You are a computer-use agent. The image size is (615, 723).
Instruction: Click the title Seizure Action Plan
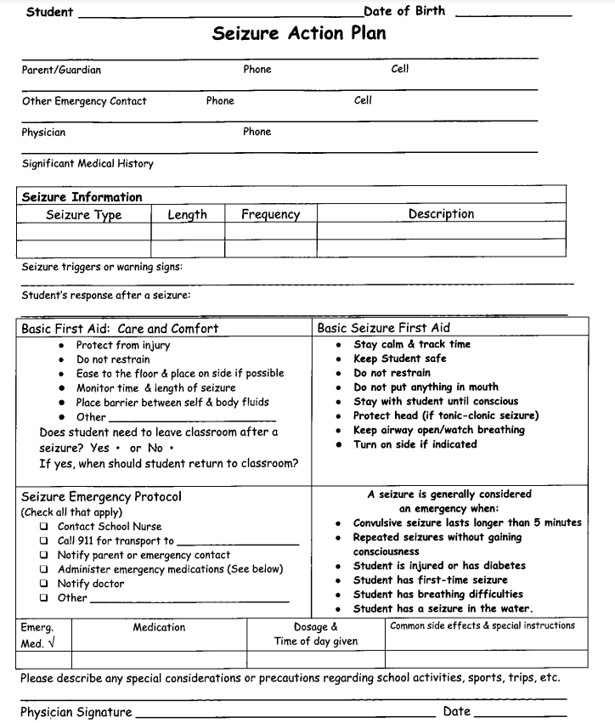298,34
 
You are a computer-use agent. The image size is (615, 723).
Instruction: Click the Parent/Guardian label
61,70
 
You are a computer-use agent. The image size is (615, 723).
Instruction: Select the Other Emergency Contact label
84,101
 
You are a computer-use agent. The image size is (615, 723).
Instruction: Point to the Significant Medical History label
87,163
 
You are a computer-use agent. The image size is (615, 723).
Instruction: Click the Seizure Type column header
83,215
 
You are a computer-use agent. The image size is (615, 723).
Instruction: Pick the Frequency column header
270,215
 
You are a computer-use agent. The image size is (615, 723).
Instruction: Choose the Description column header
441,214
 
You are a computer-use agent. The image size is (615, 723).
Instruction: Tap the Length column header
187,215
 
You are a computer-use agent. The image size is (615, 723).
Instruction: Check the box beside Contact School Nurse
43,527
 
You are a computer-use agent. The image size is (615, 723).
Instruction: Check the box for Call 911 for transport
43,541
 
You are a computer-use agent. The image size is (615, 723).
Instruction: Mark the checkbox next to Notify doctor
43,585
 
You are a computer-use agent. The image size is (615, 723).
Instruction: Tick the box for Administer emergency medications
43,570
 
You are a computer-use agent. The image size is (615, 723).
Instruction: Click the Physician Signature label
76,712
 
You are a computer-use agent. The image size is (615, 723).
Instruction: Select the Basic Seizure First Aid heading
383,328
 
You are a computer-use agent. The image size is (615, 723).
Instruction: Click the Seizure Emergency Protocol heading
101,496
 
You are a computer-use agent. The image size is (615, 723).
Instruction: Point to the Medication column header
159,627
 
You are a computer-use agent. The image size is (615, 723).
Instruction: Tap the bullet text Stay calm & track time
411,344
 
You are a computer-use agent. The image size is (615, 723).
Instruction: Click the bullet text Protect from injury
123,345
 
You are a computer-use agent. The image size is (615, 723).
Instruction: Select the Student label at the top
49,12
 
